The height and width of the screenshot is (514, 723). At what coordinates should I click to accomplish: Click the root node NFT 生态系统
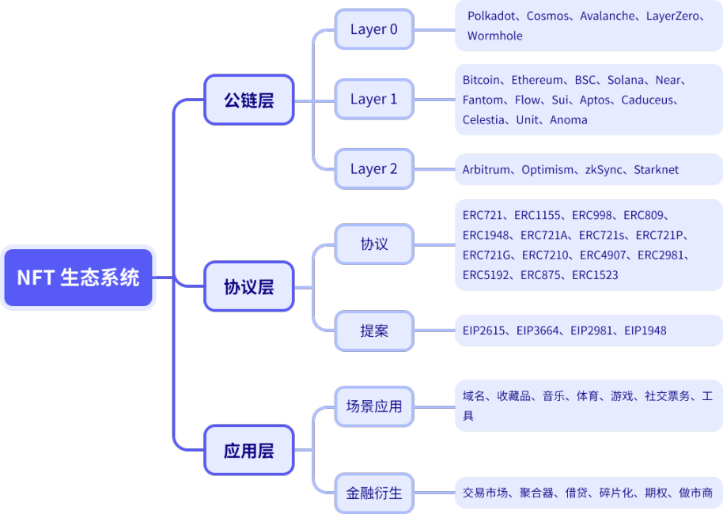[x=78, y=278]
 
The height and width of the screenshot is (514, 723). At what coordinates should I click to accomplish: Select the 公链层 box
[x=248, y=100]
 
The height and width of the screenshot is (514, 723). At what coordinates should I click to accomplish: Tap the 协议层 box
[x=248, y=286]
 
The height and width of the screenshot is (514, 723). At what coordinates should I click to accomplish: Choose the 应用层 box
[x=248, y=451]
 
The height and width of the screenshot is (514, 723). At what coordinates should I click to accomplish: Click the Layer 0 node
[x=373, y=30]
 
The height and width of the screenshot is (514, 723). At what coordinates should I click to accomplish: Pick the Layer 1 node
[x=373, y=100]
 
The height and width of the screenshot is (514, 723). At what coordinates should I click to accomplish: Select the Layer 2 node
[x=373, y=169]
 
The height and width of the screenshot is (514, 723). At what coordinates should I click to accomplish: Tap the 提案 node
[x=373, y=331]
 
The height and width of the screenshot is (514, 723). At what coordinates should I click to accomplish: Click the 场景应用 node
[x=373, y=406]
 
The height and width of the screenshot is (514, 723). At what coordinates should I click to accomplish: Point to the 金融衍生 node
[x=373, y=493]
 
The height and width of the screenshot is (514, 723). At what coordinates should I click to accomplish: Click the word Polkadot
[x=491, y=16]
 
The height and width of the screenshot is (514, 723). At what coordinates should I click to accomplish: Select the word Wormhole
[x=494, y=36]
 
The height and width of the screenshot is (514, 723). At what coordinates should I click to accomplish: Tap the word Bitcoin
[x=481, y=80]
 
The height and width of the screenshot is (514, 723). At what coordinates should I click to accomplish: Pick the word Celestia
[x=483, y=120]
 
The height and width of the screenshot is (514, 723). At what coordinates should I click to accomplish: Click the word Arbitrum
[x=487, y=170]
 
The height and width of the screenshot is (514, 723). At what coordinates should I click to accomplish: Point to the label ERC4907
[x=604, y=255]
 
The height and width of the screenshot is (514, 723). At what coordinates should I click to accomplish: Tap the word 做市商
[x=695, y=493]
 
